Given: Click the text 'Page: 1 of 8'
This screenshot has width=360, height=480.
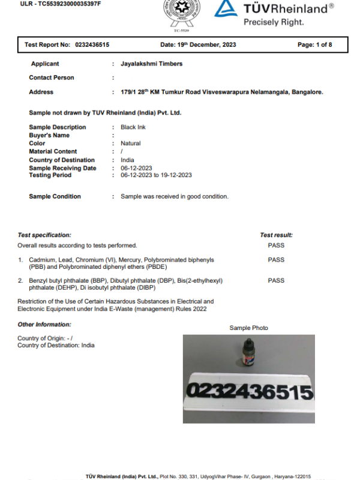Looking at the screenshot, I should (x=314, y=44).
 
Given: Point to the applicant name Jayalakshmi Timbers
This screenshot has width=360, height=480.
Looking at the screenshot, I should (x=151, y=64).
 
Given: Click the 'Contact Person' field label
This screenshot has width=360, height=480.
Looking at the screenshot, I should (x=52, y=77).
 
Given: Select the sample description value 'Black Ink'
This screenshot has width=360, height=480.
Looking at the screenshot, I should (x=133, y=127).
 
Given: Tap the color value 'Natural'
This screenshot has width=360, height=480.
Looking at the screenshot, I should (x=131, y=143).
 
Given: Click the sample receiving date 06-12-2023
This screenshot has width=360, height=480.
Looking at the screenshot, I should (x=136, y=168).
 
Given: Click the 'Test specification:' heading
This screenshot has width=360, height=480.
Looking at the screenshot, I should (x=44, y=235).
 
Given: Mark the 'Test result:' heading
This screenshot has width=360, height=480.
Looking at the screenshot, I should (x=276, y=235).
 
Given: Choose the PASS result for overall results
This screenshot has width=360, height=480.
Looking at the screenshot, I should (x=276, y=245).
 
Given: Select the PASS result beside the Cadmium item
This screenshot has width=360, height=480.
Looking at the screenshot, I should (x=276, y=260).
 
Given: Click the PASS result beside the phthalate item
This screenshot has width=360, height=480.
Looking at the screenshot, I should (x=276, y=280).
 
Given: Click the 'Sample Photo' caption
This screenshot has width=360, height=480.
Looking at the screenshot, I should (x=248, y=328).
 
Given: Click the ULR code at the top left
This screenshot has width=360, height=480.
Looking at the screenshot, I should (x=61, y=4).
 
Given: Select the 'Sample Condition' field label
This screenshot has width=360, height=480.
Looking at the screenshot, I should (x=55, y=196).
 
